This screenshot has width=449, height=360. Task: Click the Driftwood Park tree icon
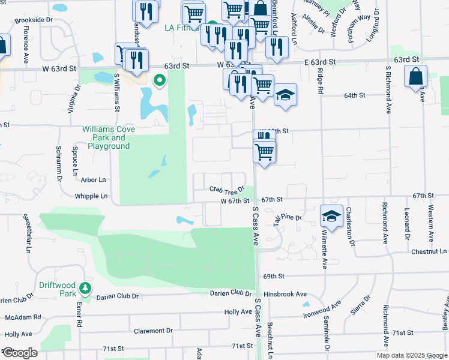pos(86,289)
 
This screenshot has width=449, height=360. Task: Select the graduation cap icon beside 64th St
pos(285,95)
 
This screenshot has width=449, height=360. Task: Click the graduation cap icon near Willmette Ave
pos(331,215)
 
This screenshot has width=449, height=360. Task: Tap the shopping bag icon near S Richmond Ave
pos(415,77)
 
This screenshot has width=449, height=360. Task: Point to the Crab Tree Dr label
pos(228,189)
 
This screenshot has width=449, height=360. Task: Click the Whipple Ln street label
pos(91,196)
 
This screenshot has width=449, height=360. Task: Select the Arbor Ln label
pos(93,179)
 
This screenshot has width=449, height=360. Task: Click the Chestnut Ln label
pos(429,251)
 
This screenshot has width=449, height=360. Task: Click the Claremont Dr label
pos(152,331)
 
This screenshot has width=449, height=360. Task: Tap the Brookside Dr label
pos(35,20)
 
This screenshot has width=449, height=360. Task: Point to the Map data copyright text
pos(412,355)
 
